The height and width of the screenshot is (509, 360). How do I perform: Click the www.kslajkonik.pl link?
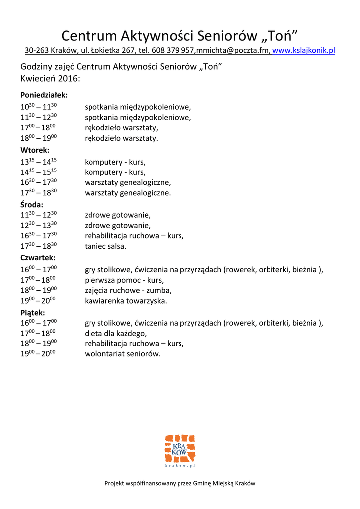point(304,50)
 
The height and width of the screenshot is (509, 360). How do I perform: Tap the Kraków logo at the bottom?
point(180,451)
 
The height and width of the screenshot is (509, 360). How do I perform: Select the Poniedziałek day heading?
point(44,95)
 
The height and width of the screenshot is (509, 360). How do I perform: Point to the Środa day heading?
point(32,204)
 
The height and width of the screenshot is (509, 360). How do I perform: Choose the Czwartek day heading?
point(38,258)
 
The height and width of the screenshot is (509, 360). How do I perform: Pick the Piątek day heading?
point(33,313)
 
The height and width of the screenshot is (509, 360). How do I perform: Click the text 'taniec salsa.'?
point(105,246)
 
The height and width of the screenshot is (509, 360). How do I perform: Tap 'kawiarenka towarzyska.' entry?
point(126,301)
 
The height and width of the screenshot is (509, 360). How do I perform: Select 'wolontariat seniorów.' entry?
point(123,354)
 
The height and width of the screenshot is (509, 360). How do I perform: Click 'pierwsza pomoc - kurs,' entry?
point(124,280)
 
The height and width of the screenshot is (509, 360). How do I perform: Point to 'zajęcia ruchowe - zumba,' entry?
point(128,290)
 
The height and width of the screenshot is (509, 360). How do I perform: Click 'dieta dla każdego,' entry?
point(116,333)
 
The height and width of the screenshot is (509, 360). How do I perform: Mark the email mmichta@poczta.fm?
point(233,50)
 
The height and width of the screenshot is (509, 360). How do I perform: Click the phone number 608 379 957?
point(174,50)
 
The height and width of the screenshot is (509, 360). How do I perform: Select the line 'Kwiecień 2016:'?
point(50,78)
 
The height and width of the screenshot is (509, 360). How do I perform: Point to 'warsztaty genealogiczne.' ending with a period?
point(127,193)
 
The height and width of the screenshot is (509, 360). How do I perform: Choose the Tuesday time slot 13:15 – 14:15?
point(39,162)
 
